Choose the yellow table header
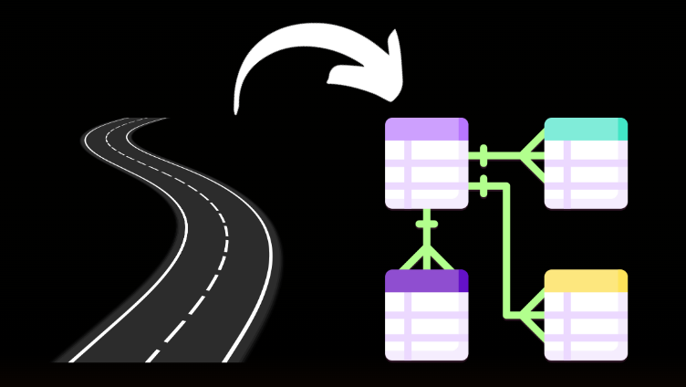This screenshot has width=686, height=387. (x=584, y=280)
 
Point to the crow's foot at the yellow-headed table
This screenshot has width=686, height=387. (x=532, y=315)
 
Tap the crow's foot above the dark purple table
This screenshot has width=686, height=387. (x=426, y=256)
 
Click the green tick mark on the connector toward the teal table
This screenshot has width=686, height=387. (x=483, y=155)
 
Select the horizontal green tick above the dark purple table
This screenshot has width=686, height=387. (x=426, y=224)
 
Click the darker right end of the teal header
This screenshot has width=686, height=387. (x=622, y=129)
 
